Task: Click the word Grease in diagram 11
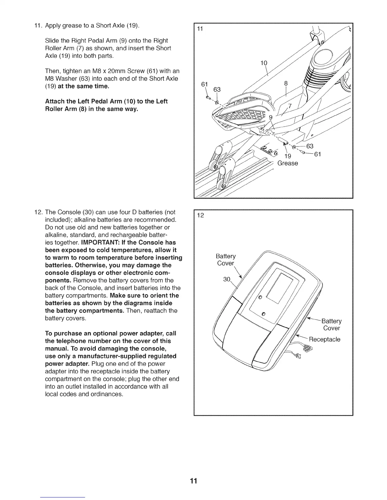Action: coord(287,163)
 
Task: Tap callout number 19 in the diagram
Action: coord(287,156)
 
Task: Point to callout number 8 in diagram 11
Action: coord(286,84)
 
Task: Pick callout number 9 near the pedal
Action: coord(270,118)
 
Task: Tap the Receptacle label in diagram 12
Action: coord(324,339)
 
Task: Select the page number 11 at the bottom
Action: coord(193,481)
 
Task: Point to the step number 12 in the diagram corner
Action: coord(200,215)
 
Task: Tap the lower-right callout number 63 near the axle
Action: coord(310,146)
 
